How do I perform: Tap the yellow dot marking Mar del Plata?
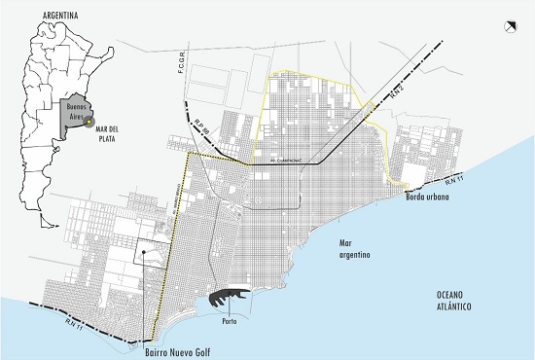click(x=89, y=122)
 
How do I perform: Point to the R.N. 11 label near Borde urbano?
click(x=454, y=181)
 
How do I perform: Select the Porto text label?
click(x=231, y=317)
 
